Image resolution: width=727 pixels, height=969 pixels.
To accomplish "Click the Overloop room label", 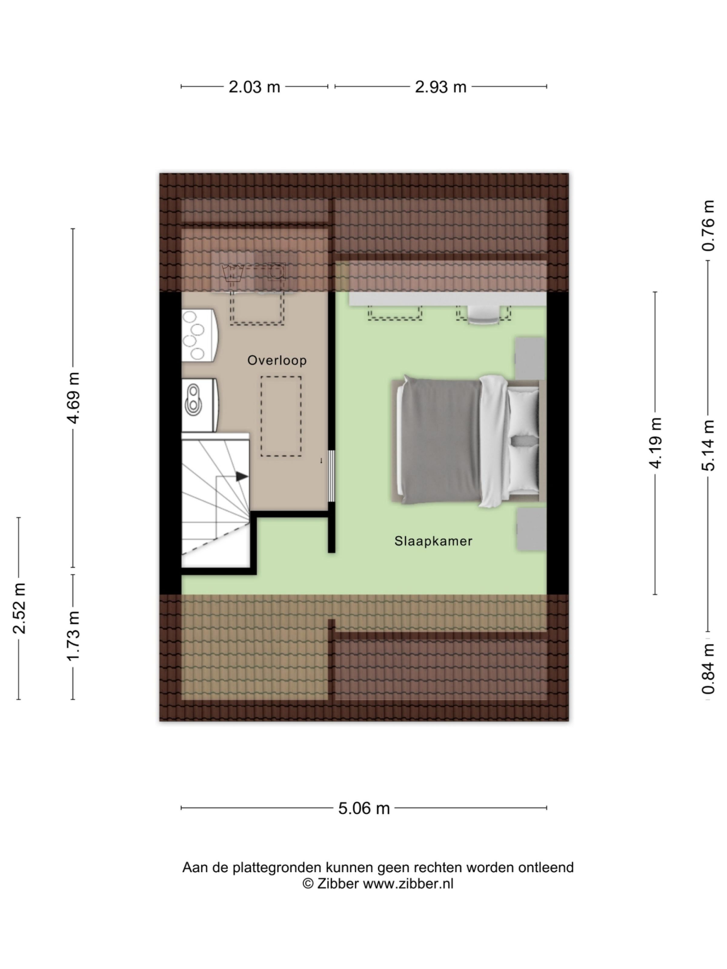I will [277, 360].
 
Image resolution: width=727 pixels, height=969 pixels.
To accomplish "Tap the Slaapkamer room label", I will [433, 541].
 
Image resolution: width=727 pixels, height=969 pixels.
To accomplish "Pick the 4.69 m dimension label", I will [73, 398].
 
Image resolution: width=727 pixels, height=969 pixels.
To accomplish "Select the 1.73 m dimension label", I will [73, 637].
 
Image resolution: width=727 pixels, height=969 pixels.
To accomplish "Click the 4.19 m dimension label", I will [655, 443].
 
